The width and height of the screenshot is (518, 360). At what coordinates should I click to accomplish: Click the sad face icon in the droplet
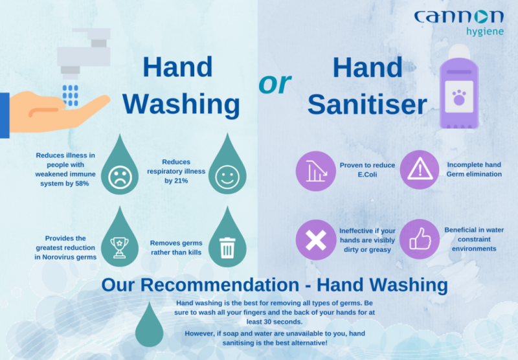tap(120, 177)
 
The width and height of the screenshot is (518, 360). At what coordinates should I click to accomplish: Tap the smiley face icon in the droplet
tap(227, 177)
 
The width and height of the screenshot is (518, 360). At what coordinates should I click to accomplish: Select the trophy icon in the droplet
tap(119, 247)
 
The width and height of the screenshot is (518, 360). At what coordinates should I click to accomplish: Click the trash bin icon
tap(227, 248)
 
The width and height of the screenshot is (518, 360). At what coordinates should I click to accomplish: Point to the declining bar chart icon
tap(316, 171)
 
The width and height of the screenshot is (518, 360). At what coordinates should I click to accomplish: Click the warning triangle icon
tap(420, 168)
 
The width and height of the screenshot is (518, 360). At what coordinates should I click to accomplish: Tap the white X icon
tap(316, 240)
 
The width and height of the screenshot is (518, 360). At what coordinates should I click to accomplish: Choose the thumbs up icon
tap(420, 239)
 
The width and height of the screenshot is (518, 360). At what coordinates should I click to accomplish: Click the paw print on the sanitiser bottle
tap(459, 97)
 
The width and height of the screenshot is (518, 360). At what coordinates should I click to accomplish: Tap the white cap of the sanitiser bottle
tap(459, 51)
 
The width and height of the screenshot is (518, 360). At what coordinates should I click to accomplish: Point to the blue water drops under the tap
tap(71, 96)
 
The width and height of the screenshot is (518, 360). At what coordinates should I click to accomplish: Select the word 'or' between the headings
tap(275, 83)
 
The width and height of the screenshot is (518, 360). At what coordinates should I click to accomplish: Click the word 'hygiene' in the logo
tap(485, 32)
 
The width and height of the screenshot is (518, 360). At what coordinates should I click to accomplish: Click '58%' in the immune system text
tap(82, 183)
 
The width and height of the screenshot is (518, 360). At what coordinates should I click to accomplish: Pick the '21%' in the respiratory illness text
tap(181, 181)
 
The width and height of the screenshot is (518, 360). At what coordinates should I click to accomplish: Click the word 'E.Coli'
tap(367, 174)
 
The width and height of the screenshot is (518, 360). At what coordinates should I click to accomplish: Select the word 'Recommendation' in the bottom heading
tap(220, 285)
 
